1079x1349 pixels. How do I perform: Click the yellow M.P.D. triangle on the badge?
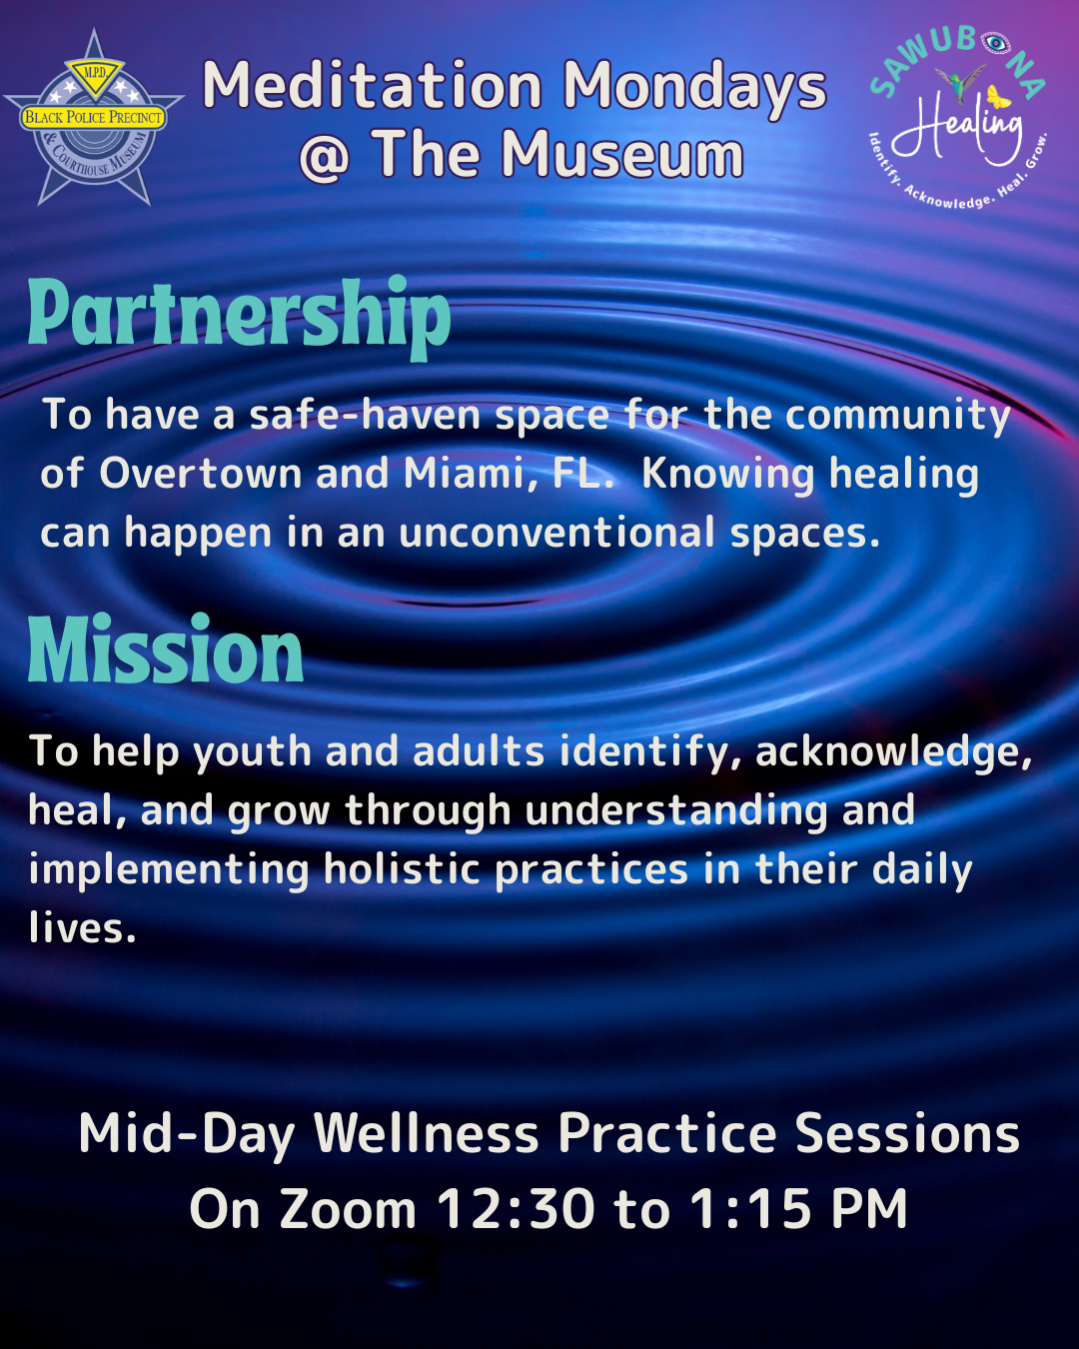[x=95, y=77]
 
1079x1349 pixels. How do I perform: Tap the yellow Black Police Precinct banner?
[x=94, y=117]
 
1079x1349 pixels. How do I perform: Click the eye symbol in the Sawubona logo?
[x=995, y=43]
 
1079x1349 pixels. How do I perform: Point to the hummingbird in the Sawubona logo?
[x=960, y=83]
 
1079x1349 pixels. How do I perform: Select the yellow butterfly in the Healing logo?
[x=998, y=97]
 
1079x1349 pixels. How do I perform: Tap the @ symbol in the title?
[x=324, y=157]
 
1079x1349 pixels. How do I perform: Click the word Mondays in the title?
[x=694, y=88]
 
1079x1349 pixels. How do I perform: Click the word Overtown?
[x=201, y=473]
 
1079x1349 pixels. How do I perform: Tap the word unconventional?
[x=556, y=532]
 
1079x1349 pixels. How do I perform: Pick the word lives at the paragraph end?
[x=82, y=926]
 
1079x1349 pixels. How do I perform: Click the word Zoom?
[x=348, y=1208]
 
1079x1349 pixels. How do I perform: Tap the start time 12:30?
[x=516, y=1208]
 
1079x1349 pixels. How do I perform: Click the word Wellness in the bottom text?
[x=427, y=1133]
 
